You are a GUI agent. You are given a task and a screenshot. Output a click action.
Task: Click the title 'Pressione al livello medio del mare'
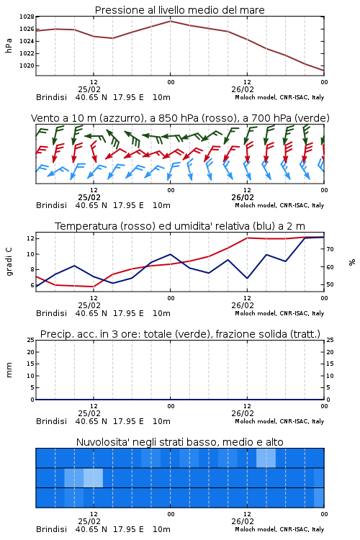click(x=179, y=10)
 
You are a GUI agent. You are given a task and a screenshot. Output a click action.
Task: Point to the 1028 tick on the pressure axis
click(x=27, y=17)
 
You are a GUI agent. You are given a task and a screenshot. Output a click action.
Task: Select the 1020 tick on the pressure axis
click(x=27, y=66)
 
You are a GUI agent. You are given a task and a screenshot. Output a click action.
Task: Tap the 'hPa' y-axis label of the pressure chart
click(x=9, y=46)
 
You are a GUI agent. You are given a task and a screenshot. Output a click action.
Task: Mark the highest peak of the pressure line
click(x=170, y=21)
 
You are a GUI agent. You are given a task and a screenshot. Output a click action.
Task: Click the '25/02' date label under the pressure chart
click(x=89, y=89)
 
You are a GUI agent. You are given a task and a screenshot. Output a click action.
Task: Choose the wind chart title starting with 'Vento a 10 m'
click(x=180, y=118)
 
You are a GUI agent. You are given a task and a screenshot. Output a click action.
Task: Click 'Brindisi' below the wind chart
click(x=51, y=205)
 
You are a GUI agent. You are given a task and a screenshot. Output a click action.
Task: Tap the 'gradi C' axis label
click(x=9, y=262)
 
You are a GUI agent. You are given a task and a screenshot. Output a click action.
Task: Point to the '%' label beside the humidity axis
click(x=352, y=262)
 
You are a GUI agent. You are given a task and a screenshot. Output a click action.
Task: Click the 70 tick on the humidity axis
click(x=330, y=249)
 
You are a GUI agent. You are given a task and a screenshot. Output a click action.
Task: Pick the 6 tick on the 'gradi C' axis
click(x=32, y=285)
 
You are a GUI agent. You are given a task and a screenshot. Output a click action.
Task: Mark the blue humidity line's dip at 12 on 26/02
click(x=247, y=278)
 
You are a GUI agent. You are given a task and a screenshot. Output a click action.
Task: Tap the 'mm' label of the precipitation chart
click(x=9, y=370)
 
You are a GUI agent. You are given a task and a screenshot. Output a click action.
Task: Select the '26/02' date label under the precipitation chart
click(x=243, y=413)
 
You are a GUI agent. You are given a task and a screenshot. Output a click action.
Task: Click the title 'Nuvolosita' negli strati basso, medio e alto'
click(x=179, y=442)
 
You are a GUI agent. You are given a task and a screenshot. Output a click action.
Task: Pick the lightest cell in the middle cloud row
click(x=93, y=477)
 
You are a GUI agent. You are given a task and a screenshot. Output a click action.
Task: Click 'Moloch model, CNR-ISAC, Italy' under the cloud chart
click(x=279, y=529)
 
